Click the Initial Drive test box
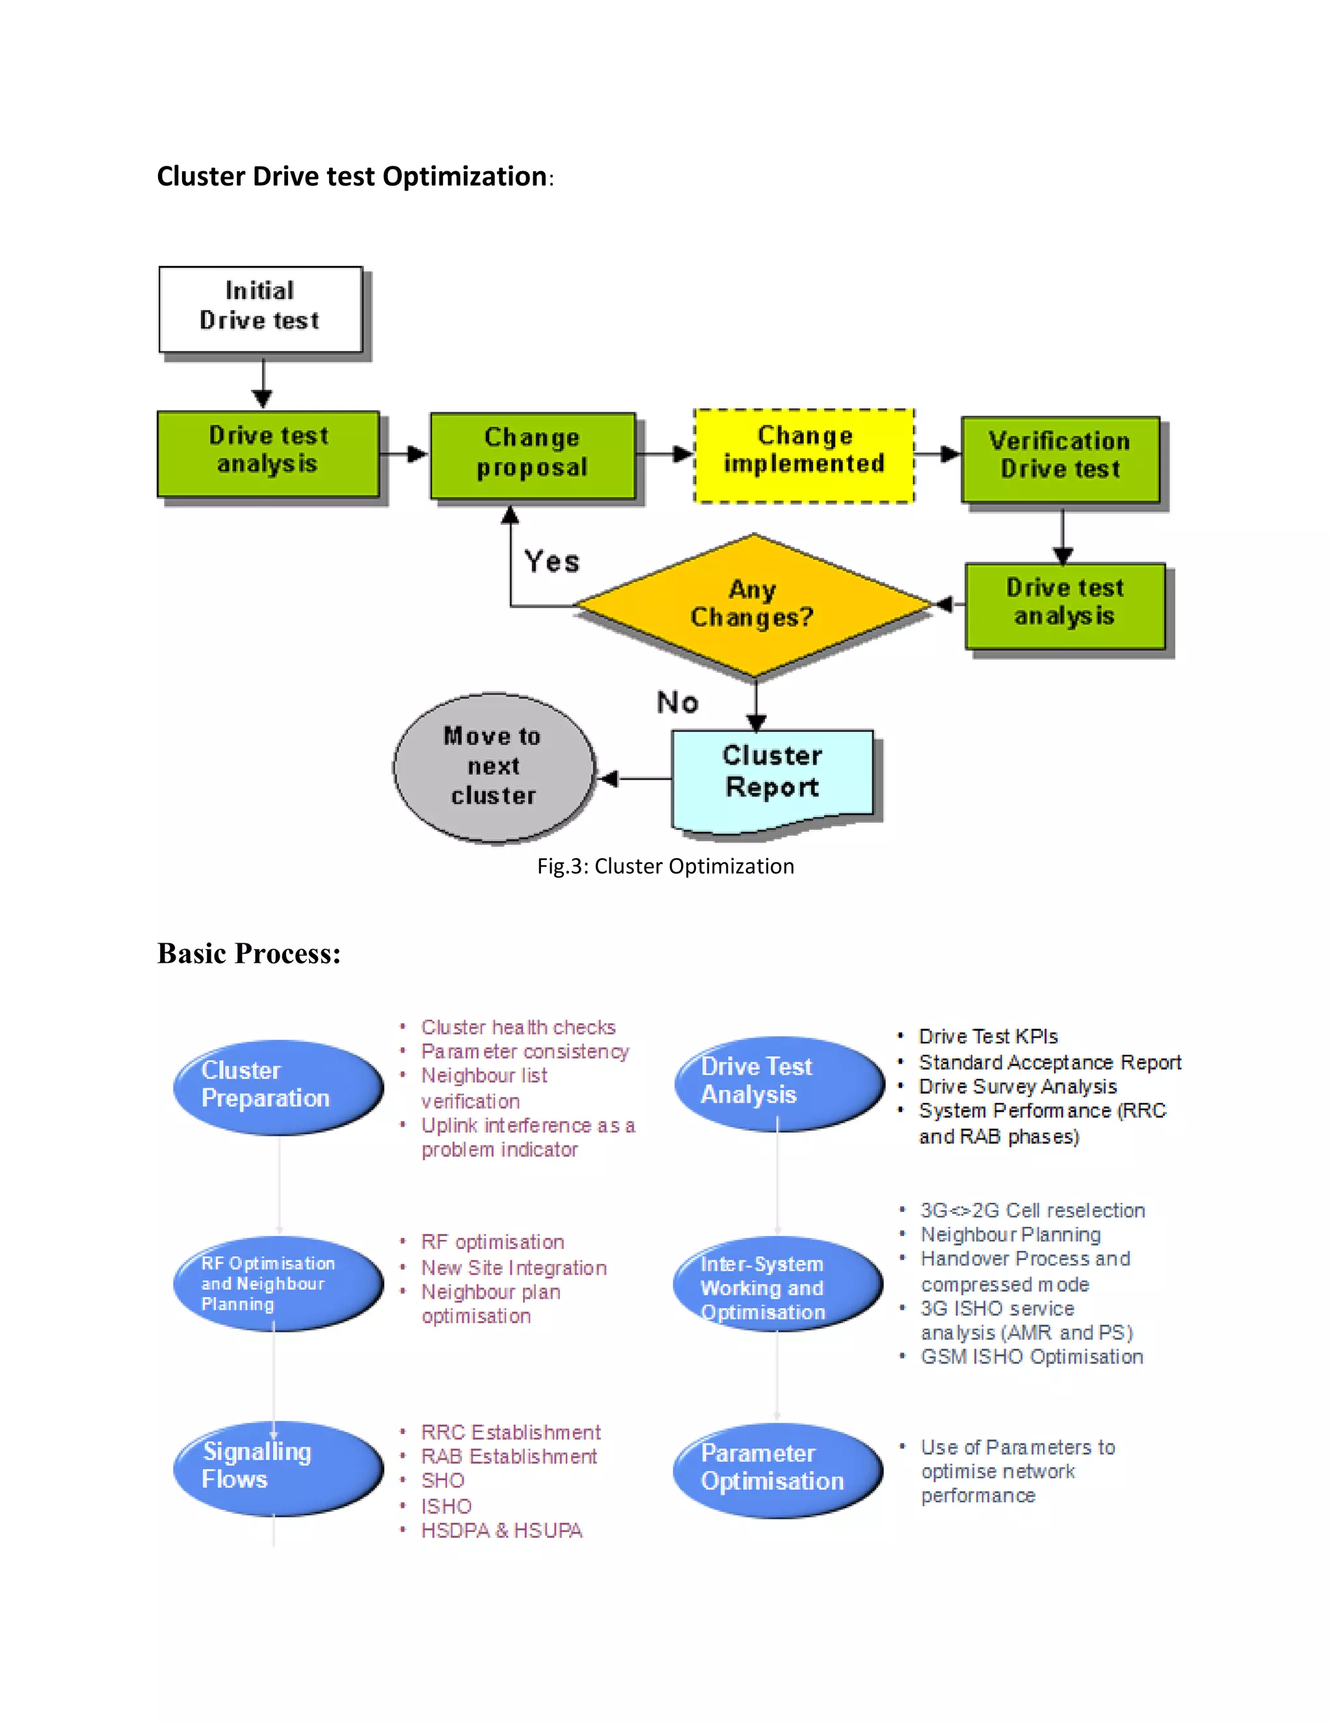[x=260, y=308]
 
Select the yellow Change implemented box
[x=803, y=455]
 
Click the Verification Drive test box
[x=1059, y=459]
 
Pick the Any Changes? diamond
[x=753, y=604]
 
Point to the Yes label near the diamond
[x=552, y=562]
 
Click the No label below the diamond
[x=677, y=703]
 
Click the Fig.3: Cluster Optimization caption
[x=665, y=867]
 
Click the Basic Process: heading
[x=248, y=954]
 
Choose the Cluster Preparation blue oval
[x=278, y=1087]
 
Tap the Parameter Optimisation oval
[x=777, y=1469]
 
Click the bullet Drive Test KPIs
[x=988, y=1036]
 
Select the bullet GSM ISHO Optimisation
[x=1032, y=1357]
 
